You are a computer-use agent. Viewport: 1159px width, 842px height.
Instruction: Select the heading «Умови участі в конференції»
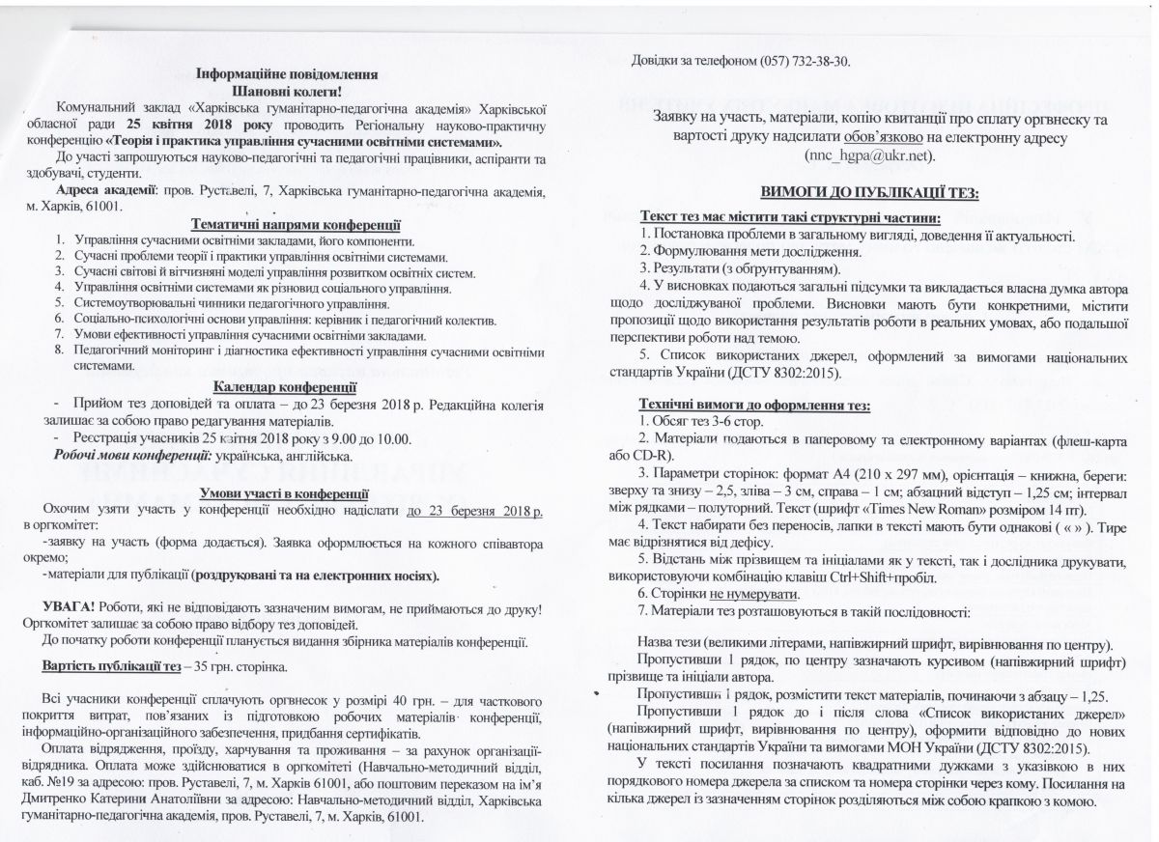297,493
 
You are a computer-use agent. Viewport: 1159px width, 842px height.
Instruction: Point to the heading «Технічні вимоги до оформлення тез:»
754,405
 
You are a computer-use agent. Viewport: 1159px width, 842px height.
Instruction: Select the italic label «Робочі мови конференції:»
130,455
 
